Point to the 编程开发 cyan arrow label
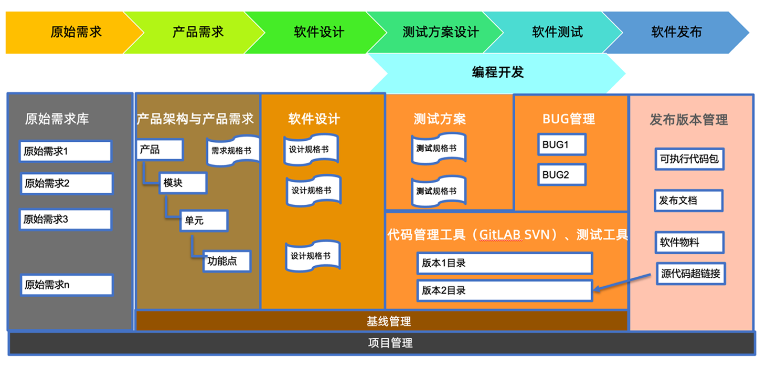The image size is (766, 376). click(497, 72)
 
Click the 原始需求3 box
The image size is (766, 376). click(66, 220)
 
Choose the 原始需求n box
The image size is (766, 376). click(66, 285)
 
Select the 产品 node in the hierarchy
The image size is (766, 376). click(159, 150)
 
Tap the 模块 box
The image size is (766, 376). click(183, 183)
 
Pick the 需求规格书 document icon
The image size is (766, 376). click(231, 151)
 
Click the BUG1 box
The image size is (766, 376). click(561, 144)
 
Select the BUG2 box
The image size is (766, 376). click(561, 175)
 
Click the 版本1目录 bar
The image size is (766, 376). click(504, 263)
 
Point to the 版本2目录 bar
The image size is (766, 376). click(504, 290)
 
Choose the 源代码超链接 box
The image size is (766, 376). click(690, 274)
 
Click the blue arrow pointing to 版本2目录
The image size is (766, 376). click(624, 281)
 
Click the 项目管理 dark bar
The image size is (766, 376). click(381, 343)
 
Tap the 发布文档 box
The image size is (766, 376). click(688, 201)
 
